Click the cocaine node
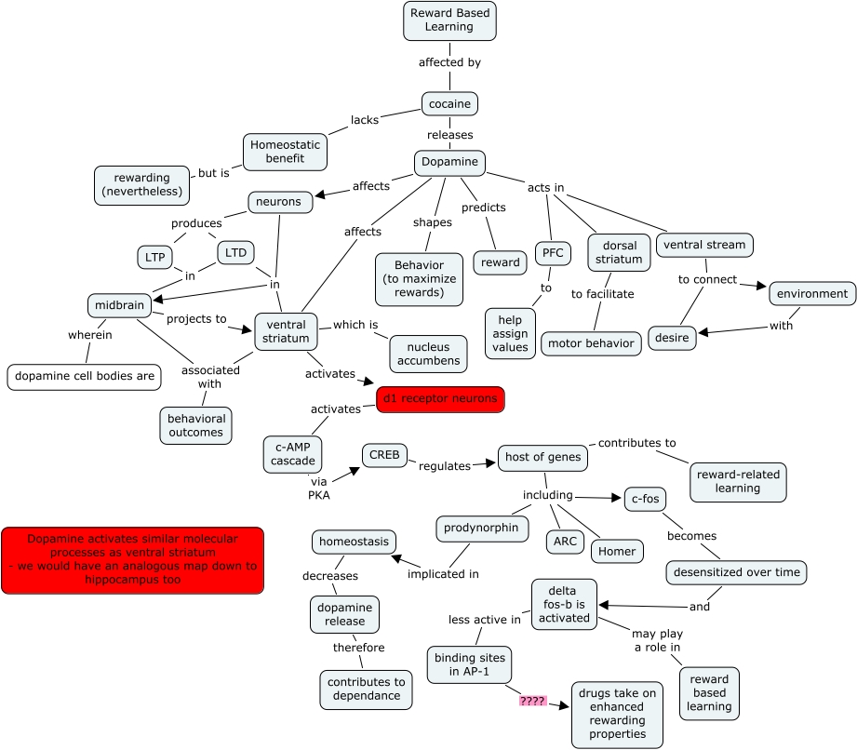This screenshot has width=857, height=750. pos(449,103)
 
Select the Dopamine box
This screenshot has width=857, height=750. pos(449,162)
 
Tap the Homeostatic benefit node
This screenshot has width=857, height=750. pos(286,153)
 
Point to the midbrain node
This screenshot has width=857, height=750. pos(119,305)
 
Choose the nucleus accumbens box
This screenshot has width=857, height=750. pos(428,355)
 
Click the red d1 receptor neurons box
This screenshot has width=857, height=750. pos(440,399)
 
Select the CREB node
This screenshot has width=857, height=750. pos(384,455)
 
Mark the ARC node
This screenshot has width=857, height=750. pos(565,542)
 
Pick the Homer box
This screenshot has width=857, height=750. pos(617,551)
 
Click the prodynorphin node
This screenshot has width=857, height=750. pos(483,529)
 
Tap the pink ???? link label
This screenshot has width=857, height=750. pos(533,701)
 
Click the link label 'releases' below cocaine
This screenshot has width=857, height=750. pos(449,135)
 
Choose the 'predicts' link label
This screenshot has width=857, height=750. pos(484,208)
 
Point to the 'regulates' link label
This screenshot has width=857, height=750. pos(445,466)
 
